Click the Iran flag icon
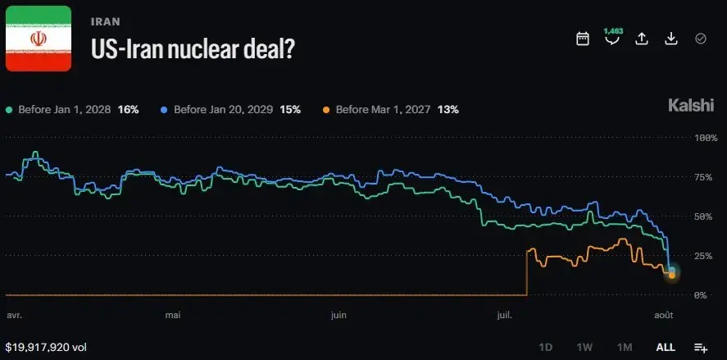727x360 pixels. (x=39, y=39)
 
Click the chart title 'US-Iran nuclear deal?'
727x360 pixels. (x=193, y=48)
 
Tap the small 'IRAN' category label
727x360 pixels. (x=106, y=22)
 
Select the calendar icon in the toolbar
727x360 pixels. (x=583, y=39)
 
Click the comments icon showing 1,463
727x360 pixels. (x=612, y=37)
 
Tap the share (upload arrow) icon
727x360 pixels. (x=641, y=39)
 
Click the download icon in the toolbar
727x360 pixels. (x=671, y=39)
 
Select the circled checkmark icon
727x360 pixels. (x=701, y=39)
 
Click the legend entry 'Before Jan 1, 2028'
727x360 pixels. (x=72, y=110)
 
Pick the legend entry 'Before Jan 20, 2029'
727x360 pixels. (x=230, y=110)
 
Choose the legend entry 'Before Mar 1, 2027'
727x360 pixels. (x=390, y=110)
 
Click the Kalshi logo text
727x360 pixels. (x=691, y=105)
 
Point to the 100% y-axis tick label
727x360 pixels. (x=706, y=138)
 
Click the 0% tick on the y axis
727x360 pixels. (x=700, y=295)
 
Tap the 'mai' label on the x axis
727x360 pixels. (x=173, y=316)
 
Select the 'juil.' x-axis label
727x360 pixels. (x=504, y=316)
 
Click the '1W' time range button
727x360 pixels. (x=584, y=348)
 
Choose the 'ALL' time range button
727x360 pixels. (x=666, y=348)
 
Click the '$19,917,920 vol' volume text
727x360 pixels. (x=46, y=348)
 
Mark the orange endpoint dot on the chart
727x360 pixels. (x=672, y=276)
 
